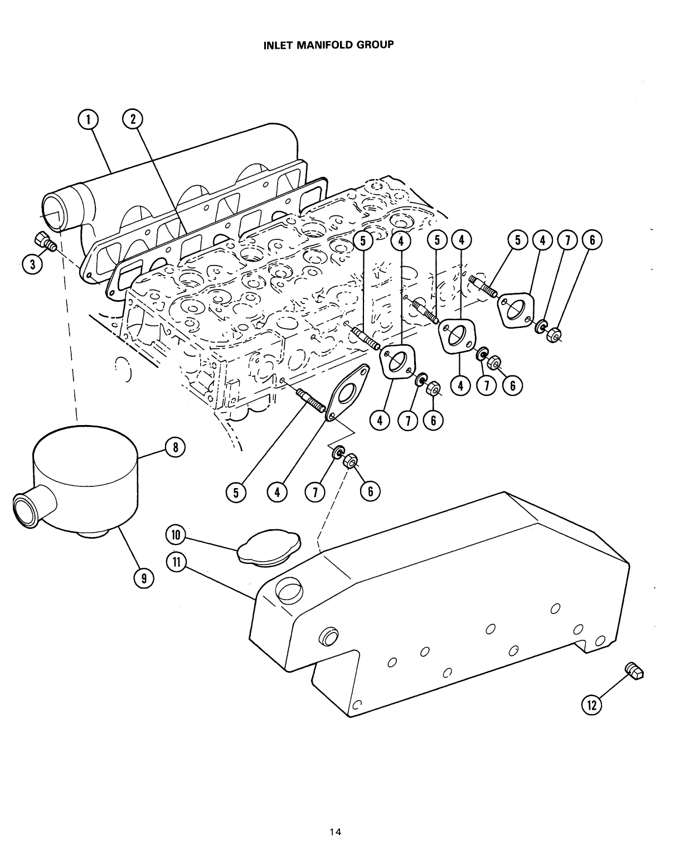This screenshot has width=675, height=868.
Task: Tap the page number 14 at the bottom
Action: point(335,816)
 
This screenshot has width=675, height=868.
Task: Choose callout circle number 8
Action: point(175,446)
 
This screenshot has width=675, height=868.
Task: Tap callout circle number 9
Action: point(144,579)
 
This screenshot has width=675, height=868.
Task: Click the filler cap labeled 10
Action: point(269,547)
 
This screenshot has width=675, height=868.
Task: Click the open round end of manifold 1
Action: point(55,212)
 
